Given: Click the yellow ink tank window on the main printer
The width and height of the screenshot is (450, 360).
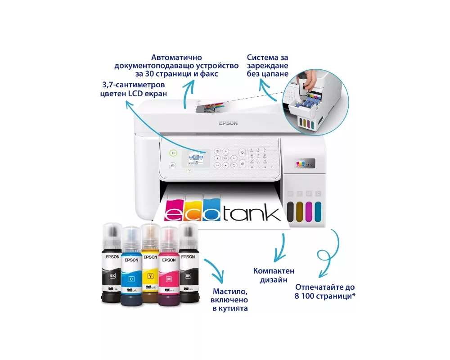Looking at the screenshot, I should [x=300, y=210].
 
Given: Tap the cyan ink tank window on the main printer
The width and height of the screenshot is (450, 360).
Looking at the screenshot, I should [x=318, y=210].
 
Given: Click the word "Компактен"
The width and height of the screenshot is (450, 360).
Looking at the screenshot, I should [x=274, y=271].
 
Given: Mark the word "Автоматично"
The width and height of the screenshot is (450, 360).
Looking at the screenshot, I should [x=176, y=58].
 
